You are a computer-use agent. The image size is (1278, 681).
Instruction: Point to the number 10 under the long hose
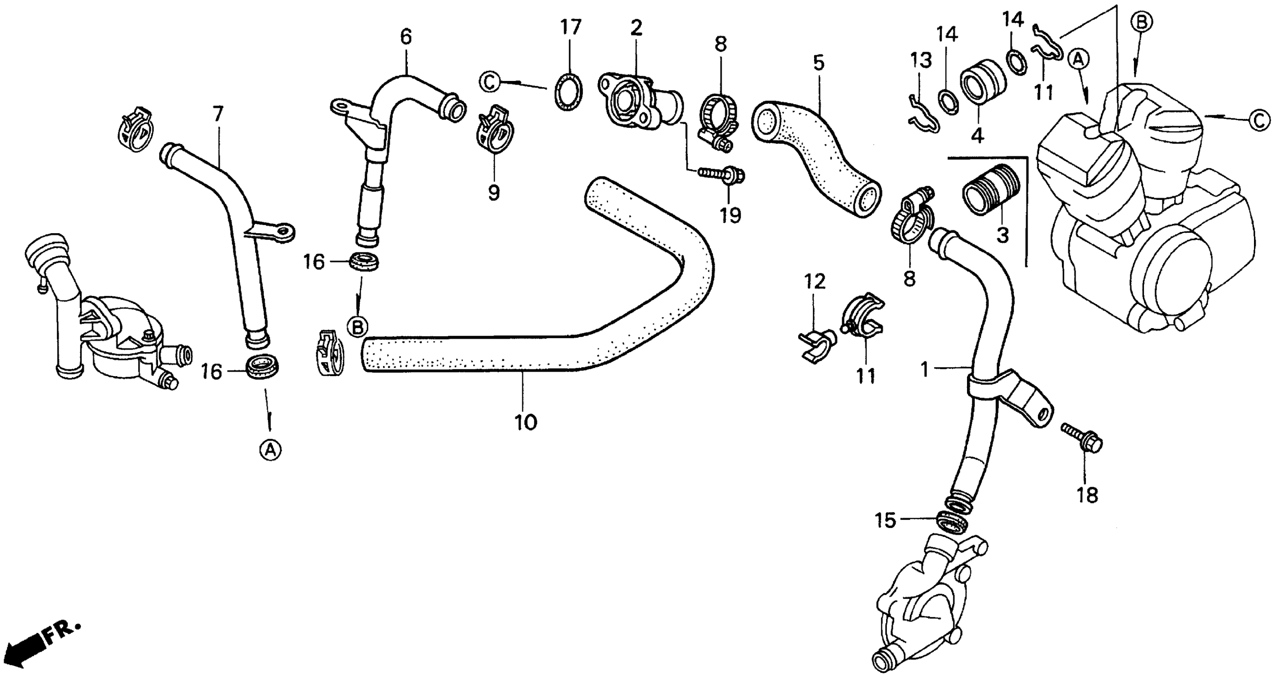(x=526, y=422)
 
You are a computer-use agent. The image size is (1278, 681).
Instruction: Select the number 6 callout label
(x=406, y=37)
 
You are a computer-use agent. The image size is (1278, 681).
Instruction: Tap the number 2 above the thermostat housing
(x=636, y=28)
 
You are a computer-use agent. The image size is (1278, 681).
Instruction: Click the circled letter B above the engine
(x=1142, y=22)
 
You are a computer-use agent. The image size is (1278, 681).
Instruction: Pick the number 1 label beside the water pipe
(x=924, y=370)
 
